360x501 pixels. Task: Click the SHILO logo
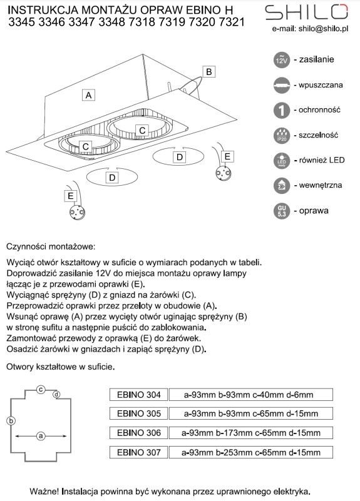(x=306, y=12)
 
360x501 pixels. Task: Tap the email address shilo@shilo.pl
(x=323, y=29)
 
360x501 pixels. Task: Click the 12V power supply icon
(x=281, y=60)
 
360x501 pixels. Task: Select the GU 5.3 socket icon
(x=282, y=211)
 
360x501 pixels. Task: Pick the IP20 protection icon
(x=282, y=135)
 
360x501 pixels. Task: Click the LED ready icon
(x=282, y=161)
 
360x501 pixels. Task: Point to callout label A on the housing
(x=88, y=95)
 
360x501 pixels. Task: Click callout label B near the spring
(x=208, y=71)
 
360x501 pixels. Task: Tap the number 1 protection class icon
(x=282, y=110)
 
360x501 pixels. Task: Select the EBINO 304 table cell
(x=139, y=395)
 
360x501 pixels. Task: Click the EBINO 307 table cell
(x=139, y=452)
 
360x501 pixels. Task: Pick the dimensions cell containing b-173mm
(x=251, y=433)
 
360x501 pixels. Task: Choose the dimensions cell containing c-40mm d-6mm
(x=251, y=395)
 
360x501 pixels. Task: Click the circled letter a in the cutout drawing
(x=41, y=436)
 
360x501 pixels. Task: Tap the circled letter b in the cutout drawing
(x=11, y=420)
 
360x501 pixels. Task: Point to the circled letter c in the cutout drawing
(x=41, y=390)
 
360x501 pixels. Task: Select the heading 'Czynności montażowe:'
(x=51, y=246)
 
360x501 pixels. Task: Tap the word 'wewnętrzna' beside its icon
(x=321, y=185)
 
